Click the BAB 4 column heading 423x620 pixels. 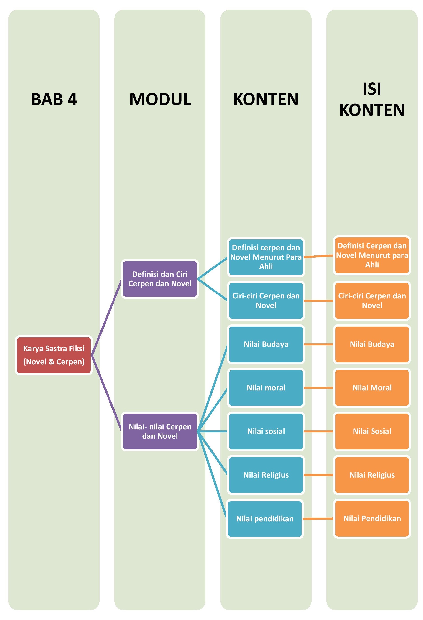click(x=54, y=99)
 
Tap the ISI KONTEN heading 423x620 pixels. click(x=372, y=99)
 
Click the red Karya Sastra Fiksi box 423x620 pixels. click(x=54, y=355)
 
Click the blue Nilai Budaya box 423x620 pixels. click(x=266, y=344)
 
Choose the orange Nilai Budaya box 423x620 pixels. click(x=372, y=344)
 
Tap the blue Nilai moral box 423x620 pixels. click(x=266, y=388)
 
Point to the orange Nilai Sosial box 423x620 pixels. click(x=372, y=431)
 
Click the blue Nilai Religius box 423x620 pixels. click(x=266, y=475)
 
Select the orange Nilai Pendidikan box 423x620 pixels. click(x=372, y=519)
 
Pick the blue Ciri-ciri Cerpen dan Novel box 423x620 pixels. click(x=266, y=301)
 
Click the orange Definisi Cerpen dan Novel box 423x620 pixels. click(x=372, y=255)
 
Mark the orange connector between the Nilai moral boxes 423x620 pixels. click(x=318, y=388)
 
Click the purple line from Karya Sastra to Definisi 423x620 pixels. click(x=106, y=317)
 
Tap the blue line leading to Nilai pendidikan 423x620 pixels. click(x=212, y=475)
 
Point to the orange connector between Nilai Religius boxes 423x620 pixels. click(x=318, y=475)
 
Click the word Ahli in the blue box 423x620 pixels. click(x=266, y=266)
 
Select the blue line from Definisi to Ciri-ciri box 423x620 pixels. click(x=212, y=290)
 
